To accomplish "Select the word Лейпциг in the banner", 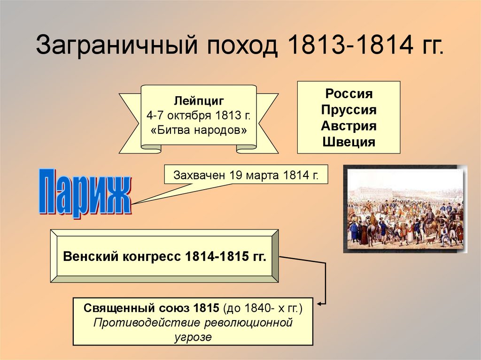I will click(199, 100).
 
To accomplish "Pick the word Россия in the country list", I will click(349, 94).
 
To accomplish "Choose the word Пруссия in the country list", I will click(349, 110).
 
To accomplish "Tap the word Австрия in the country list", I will click(349, 126).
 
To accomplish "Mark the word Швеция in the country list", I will click(349, 142).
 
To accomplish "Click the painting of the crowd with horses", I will click(405, 209).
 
